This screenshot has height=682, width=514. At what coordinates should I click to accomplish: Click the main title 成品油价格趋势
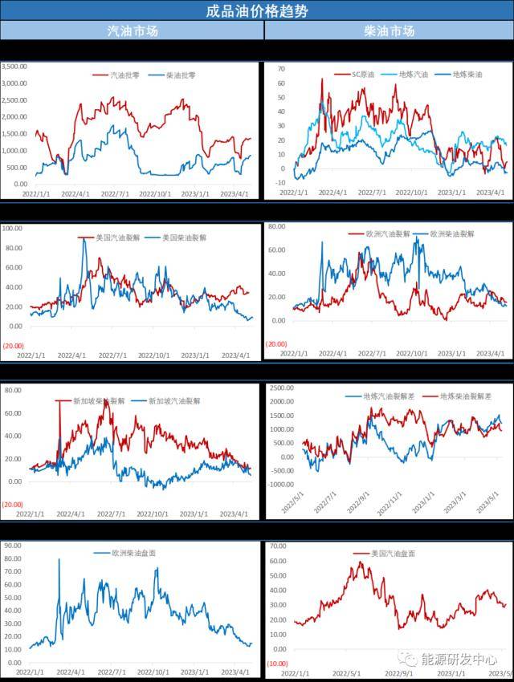click(x=257, y=11)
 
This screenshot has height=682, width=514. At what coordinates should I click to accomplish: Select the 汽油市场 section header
click(x=133, y=31)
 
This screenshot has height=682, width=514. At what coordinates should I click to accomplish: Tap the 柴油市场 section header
click(x=389, y=31)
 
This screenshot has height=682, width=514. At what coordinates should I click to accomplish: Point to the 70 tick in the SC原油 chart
click(x=281, y=69)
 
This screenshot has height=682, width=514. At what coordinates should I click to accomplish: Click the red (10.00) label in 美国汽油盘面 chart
click(x=278, y=664)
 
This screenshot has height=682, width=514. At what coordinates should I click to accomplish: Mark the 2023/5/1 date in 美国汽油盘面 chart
click(x=502, y=674)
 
